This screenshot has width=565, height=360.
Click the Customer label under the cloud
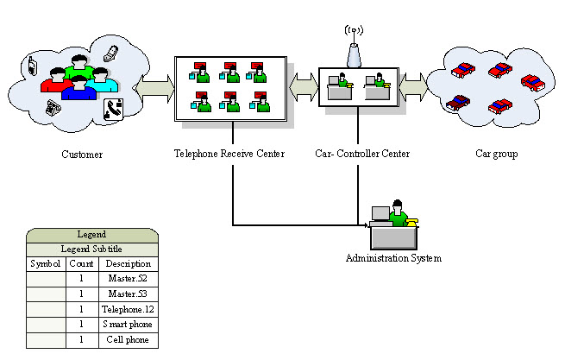(82, 155)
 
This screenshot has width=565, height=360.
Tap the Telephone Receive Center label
(229, 155)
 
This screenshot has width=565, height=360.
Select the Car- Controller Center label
(362, 155)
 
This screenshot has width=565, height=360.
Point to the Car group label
(496, 155)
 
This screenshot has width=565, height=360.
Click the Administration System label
(393, 258)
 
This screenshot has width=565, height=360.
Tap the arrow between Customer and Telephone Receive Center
(154, 88)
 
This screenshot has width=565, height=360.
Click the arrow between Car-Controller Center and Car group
(413, 86)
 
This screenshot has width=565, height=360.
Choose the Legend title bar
(91, 234)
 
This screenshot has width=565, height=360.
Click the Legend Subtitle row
(91, 249)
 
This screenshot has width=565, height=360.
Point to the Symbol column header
(46, 263)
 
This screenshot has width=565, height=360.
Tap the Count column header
(81, 263)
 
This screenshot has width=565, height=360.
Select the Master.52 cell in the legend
(128, 279)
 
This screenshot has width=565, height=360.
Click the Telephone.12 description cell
(128, 309)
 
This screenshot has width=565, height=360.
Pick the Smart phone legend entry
(128, 325)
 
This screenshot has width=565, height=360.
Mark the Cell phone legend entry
(128, 340)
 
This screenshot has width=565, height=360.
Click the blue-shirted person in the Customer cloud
(78, 88)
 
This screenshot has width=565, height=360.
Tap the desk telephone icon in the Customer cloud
(113, 109)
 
